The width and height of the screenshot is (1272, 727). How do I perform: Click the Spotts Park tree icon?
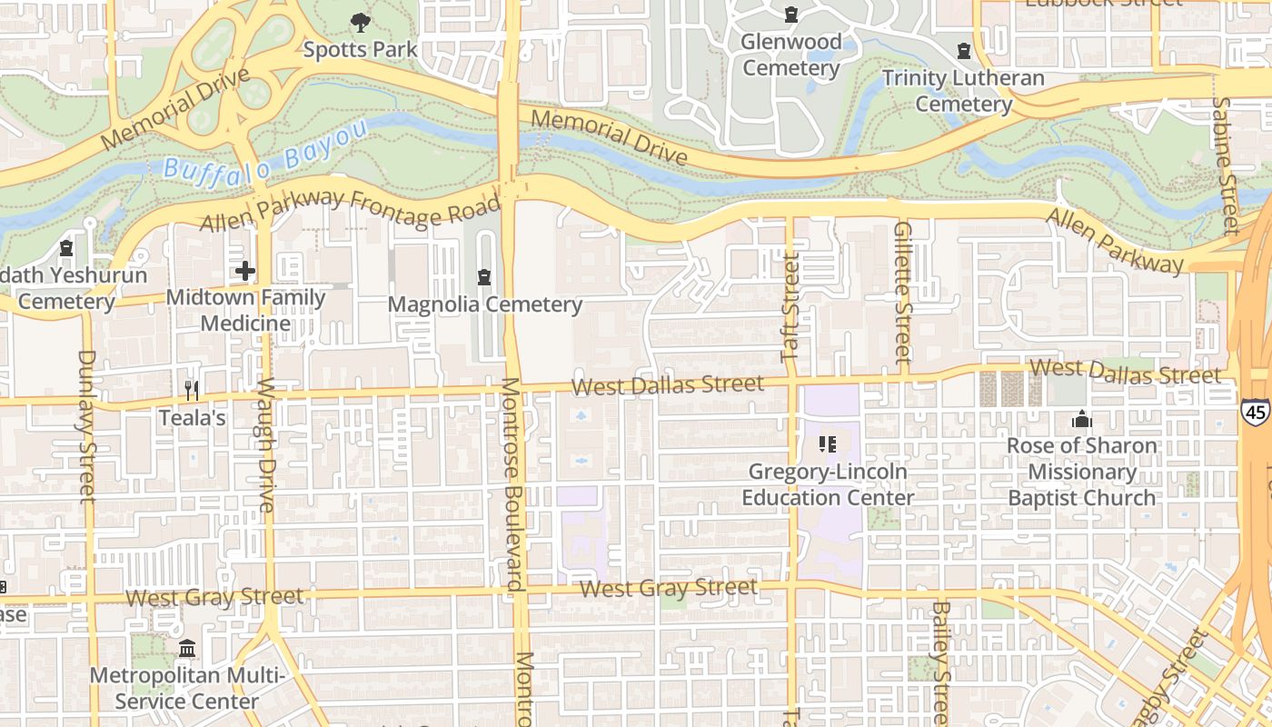tap(361, 22)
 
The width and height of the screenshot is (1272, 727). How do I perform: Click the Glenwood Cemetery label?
tap(791, 55)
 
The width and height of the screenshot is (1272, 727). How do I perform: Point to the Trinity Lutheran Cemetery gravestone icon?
tap(964, 51)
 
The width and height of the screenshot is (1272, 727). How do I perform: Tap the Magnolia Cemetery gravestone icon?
tap(485, 276)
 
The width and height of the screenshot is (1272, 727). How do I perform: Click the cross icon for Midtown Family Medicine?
tap(245, 270)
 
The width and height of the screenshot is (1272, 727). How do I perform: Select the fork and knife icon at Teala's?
tap(192, 391)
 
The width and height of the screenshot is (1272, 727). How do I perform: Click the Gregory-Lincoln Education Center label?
tap(828, 484)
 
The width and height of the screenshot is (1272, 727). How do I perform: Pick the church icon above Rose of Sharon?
tap(1081, 419)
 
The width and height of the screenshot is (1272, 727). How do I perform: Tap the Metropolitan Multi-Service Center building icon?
tap(187, 649)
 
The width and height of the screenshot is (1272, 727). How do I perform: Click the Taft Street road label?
tap(791, 306)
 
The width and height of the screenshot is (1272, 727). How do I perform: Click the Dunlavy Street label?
tap(86, 425)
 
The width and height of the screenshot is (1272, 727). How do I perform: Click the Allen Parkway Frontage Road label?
tap(350, 210)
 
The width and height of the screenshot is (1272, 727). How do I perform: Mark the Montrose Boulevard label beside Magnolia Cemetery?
tap(512, 484)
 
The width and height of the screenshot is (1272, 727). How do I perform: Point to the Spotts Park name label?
tap(361, 49)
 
